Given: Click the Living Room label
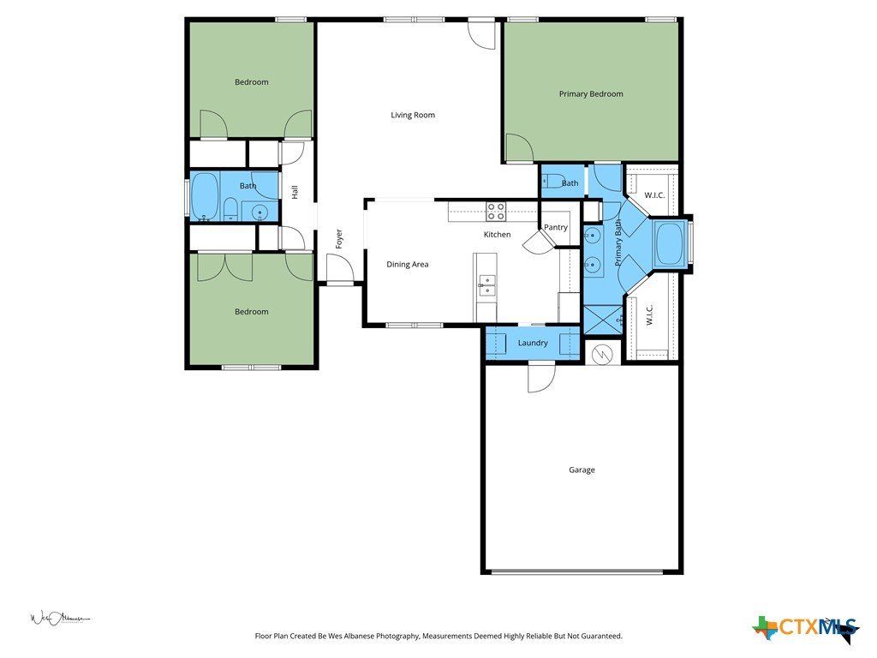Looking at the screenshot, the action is (x=413, y=116).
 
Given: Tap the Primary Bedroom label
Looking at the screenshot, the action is (x=591, y=94).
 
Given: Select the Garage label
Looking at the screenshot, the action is (x=582, y=470).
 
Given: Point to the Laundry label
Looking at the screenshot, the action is (x=533, y=343).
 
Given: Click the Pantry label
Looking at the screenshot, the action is (x=555, y=227).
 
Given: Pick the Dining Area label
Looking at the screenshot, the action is (x=407, y=265).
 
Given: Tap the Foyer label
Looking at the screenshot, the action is (x=339, y=239).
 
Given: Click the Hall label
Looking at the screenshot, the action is (x=295, y=192).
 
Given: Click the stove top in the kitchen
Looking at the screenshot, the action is (x=496, y=211).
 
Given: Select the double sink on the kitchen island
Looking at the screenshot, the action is (x=486, y=284).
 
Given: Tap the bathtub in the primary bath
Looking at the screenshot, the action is (x=670, y=244).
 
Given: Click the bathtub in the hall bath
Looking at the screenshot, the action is (x=206, y=196).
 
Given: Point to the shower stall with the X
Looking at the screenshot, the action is (x=602, y=320).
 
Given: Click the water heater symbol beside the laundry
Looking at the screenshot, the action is (x=603, y=354).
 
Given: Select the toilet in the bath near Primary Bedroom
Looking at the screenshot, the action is (x=552, y=181).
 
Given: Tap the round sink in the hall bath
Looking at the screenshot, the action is (x=260, y=212).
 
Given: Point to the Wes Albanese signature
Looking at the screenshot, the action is (x=59, y=618).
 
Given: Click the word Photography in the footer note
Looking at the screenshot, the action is (x=397, y=637).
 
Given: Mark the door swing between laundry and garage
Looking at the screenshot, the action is (x=541, y=378).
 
